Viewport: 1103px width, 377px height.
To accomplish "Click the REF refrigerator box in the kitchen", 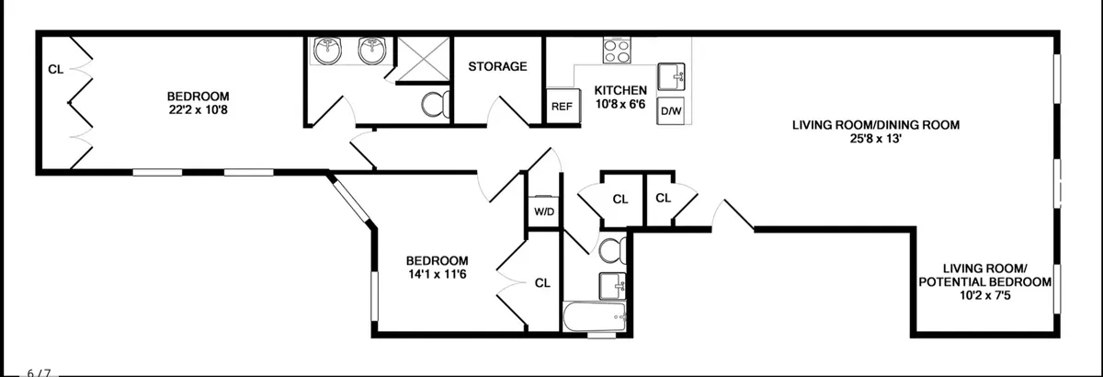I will pos(562,106).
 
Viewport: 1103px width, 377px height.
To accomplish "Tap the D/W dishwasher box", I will pos(672,111).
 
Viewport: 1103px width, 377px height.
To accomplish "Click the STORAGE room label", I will pos(497,66).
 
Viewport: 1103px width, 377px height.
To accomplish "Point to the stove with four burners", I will pos(614,50).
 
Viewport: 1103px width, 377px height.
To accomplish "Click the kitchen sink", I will pos(672,75).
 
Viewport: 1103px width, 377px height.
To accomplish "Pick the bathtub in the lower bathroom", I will pos(596,319).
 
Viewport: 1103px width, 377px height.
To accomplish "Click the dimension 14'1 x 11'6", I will pos(425,274).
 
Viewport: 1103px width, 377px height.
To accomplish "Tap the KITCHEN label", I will pos(620,90).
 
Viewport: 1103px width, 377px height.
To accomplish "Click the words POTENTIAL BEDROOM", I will pos(984,282).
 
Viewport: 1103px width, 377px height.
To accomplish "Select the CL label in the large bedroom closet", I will pos(55,68).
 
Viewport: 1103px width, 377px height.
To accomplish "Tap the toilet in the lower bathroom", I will pos(611,249).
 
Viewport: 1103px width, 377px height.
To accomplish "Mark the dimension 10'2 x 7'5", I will pos(984,296).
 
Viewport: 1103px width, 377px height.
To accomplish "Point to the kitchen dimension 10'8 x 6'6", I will pos(620,104).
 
